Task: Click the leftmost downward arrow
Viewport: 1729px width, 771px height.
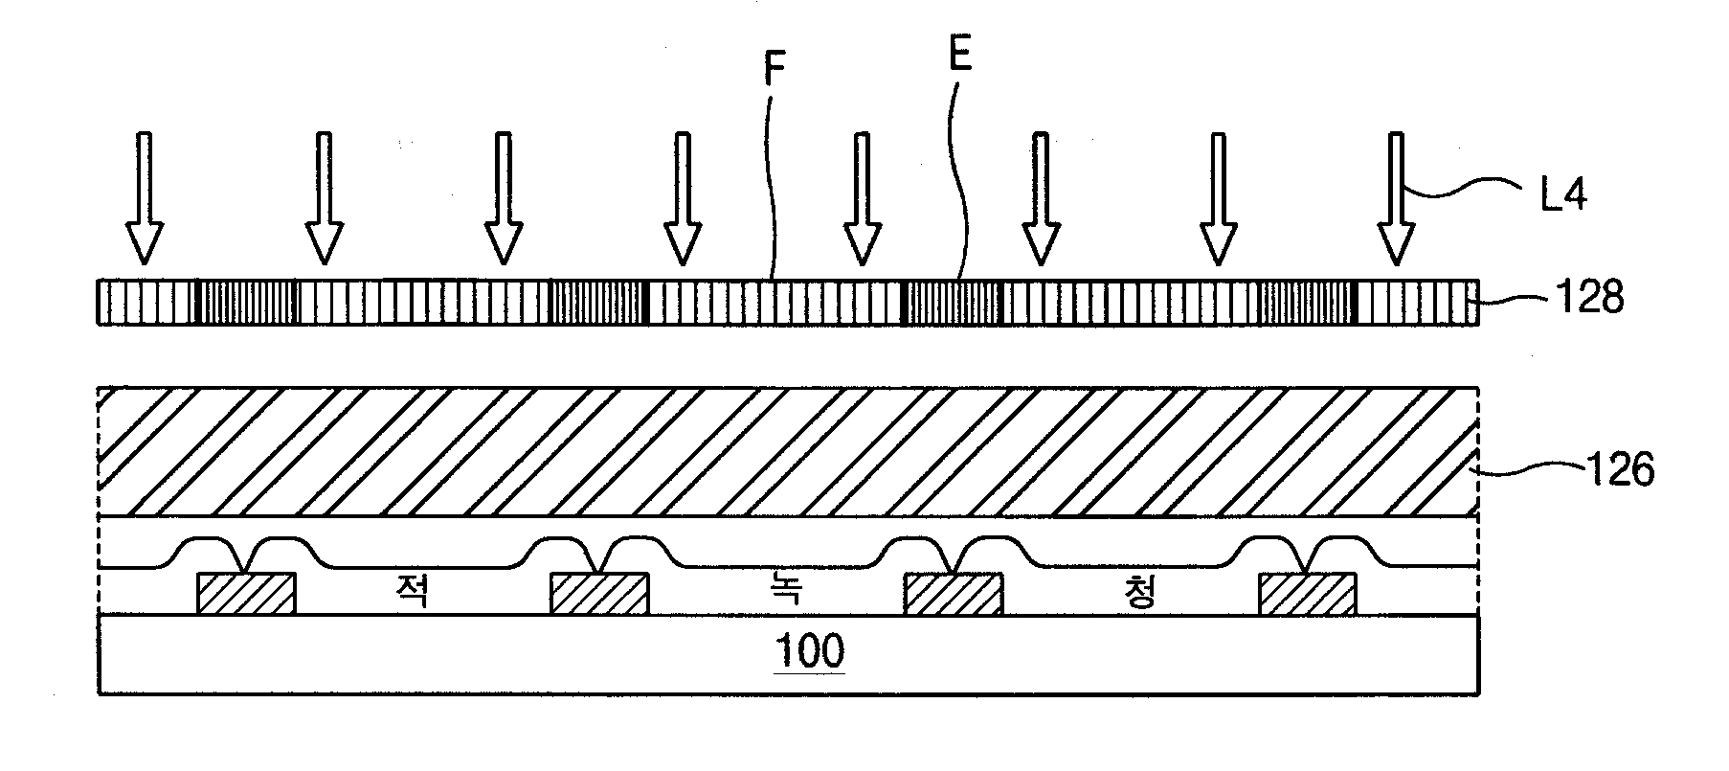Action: [x=144, y=198]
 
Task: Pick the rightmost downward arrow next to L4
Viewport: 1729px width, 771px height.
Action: [x=1396, y=198]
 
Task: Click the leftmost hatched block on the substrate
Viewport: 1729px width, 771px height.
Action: [x=246, y=593]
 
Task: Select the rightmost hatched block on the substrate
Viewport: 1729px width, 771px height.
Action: [x=1307, y=593]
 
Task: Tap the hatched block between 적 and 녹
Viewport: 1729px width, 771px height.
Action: [x=599, y=593]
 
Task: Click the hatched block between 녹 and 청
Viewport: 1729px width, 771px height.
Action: [x=954, y=593]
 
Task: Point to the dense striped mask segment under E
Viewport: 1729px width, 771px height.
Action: [x=950, y=303]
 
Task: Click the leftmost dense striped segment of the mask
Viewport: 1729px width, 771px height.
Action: [x=247, y=303]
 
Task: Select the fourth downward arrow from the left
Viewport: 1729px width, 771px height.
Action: [x=682, y=198]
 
